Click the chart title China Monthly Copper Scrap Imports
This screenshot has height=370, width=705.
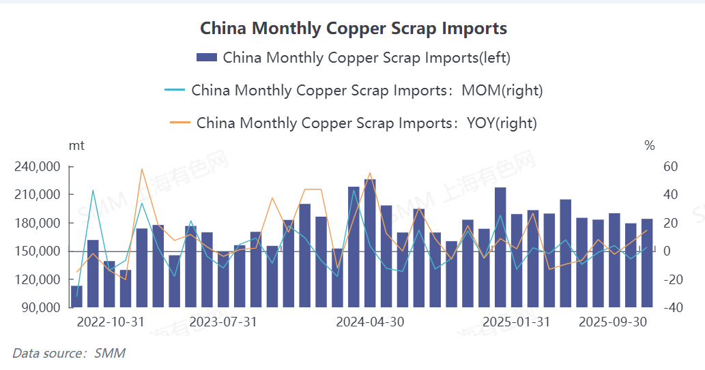click(x=353, y=28)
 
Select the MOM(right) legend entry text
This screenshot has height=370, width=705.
click(x=366, y=90)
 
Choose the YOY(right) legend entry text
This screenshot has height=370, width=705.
click(x=366, y=123)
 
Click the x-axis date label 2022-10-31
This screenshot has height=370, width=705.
click(x=111, y=322)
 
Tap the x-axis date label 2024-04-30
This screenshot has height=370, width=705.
click(x=370, y=322)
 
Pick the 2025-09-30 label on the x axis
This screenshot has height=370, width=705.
click(x=613, y=322)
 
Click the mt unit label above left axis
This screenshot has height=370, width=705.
click(x=76, y=145)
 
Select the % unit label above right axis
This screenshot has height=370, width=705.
click(x=650, y=145)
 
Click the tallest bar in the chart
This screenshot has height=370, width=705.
click(x=370, y=243)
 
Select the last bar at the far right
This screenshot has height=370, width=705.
click(x=647, y=263)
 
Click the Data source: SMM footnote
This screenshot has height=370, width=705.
click(x=69, y=353)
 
